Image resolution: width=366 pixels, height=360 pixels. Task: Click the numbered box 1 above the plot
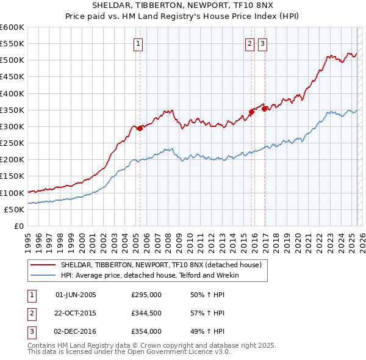139,43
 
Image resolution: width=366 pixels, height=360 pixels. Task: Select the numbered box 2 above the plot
250,43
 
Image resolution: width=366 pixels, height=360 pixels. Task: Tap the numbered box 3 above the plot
262,43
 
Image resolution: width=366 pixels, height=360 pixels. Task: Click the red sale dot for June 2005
140,128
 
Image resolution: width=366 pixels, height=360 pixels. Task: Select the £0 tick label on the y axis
20,226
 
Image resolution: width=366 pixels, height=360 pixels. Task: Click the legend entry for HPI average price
149,275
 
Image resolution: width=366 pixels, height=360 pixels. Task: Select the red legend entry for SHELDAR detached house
160,265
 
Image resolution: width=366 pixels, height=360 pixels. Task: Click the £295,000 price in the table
146,295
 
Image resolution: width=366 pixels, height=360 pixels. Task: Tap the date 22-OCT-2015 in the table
76,313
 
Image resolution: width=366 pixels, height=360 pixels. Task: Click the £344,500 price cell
146,313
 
